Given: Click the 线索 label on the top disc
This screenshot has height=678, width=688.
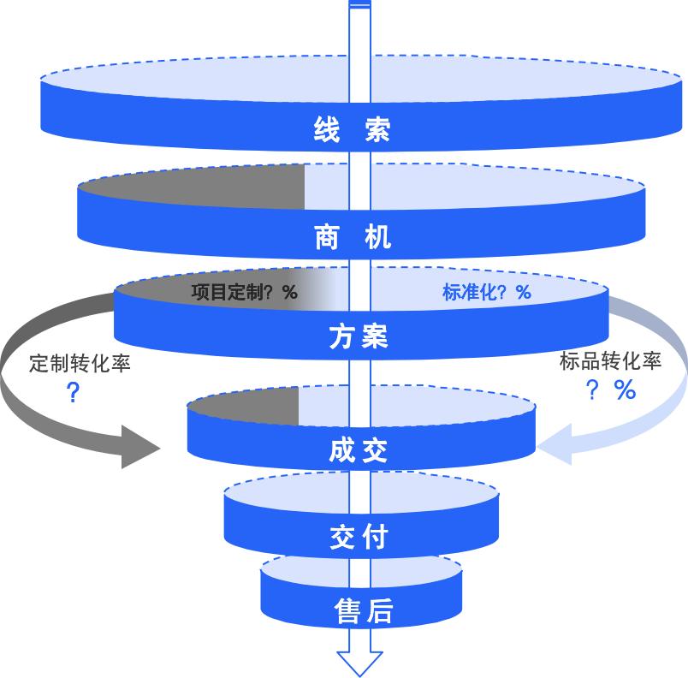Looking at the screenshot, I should [352, 131].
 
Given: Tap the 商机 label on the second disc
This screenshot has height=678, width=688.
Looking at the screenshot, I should [353, 236].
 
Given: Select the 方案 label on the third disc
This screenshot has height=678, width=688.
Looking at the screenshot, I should [359, 337].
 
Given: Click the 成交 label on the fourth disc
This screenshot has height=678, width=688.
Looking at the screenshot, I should [359, 451].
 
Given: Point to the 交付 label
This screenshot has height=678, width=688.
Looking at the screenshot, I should [359, 538].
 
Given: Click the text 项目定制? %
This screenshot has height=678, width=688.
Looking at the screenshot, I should [244, 293].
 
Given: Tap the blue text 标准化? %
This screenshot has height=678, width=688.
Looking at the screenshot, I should [486, 293].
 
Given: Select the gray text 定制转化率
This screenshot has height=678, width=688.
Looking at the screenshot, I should [80, 363].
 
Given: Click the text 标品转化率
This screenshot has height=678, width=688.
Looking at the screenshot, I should [610, 361].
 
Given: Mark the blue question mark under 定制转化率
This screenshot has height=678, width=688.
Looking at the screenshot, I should [74, 393].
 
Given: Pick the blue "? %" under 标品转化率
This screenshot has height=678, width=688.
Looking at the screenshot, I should [610, 390].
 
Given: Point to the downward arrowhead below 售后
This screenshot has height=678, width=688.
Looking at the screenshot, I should [359, 661].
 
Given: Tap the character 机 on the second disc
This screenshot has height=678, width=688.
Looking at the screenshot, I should [377, 236].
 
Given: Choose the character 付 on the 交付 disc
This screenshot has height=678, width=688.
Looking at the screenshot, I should [375, 538].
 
